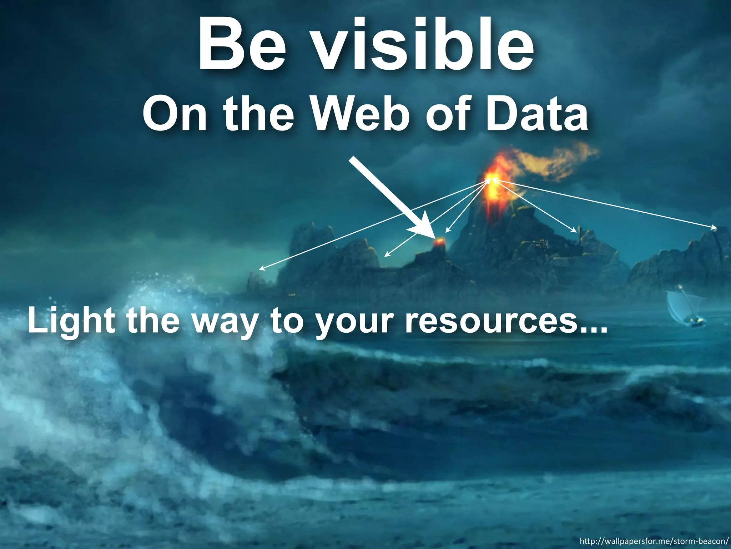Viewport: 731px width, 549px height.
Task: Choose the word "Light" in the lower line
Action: pos(71,321)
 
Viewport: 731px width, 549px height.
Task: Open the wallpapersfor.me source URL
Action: pos(654,540)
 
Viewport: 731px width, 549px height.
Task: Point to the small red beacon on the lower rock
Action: pos(439,242)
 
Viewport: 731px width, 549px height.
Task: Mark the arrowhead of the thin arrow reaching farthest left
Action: pos(261,269)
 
